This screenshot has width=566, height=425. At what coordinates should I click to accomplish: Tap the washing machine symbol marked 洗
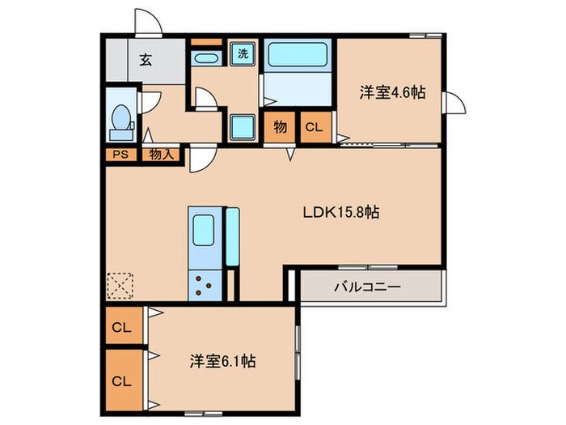point(243,54)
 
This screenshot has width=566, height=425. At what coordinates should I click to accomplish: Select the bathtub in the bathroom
point(298,54)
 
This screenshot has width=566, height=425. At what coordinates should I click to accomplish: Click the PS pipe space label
point(120,155)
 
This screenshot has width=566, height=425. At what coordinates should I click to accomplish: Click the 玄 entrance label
point(146,60)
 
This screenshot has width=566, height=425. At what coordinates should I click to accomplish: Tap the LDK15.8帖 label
point(341,212)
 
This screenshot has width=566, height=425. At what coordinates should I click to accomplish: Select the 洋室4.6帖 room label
point(392,92)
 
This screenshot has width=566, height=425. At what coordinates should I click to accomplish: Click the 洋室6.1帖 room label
point(223,361)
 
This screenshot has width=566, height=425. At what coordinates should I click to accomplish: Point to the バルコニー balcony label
point(367,287)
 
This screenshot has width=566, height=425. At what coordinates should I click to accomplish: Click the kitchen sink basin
point(203,230)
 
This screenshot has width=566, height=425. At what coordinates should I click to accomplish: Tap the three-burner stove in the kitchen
point(205,285)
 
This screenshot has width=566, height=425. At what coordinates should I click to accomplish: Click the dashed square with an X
point(120,286)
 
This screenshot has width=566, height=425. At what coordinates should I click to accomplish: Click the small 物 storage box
point(280,127)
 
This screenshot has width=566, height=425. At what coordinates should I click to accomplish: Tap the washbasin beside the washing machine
point(205,58)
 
